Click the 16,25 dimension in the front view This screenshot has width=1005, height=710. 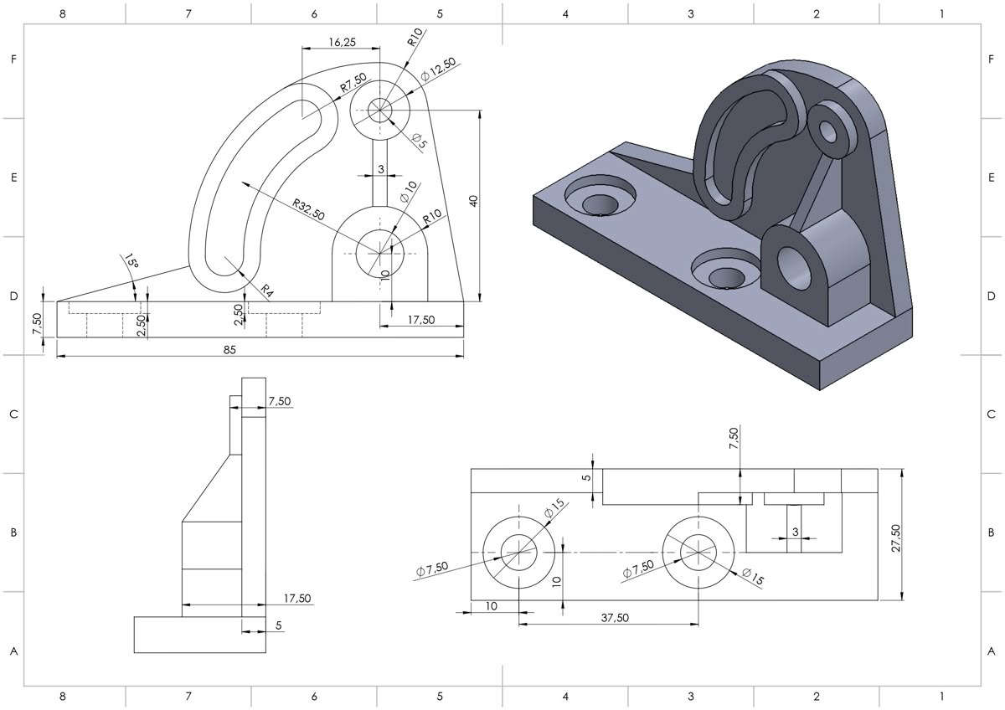[341, 42]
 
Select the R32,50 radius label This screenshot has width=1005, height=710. [308, 209]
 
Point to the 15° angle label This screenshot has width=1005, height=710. [131, 262]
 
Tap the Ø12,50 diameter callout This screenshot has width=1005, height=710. [439, 69]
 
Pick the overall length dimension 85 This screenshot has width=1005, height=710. [229, 349]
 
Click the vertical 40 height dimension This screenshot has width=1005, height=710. [473, 201]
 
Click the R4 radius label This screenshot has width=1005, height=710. [266, 291]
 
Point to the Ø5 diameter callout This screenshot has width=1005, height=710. [419, 141]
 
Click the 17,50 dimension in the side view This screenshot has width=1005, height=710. [297, 598]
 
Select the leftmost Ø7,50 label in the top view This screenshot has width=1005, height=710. [432, 569]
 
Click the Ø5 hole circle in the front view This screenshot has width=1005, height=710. [379, 110]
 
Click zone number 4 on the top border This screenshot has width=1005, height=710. [565, 13]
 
